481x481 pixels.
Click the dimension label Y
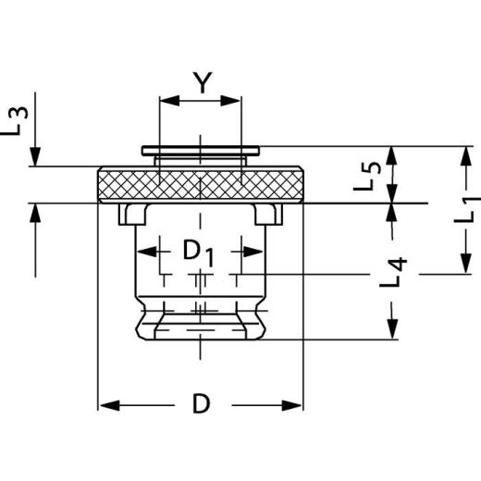click(199, 84)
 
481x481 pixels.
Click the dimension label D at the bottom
click(200, 404)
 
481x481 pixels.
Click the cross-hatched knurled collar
click(200, 184)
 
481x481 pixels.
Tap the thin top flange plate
click(200, 149)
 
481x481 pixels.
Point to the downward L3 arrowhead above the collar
click(35, 156)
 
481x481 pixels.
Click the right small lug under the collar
click(267, 215)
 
